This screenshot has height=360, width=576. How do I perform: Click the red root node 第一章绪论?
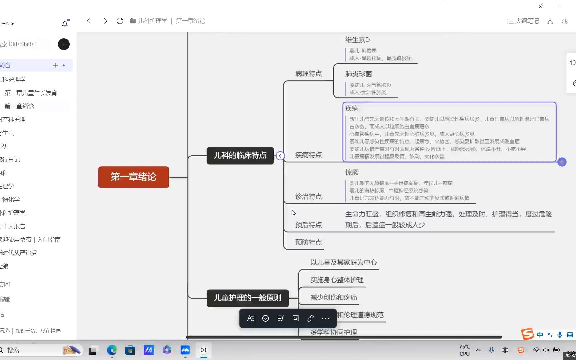pyautogui.click(x=133, y=177)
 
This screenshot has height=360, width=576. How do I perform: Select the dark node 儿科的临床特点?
pyautogui.click(x=240, y=155)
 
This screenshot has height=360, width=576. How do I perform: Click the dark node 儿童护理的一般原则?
pyautogui.click(x=247, y=298)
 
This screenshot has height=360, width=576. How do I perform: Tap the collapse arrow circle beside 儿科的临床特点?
pyautogui.click(x=280, y=156)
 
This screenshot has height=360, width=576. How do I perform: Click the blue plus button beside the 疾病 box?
pyautogui.click(x=562, y=162)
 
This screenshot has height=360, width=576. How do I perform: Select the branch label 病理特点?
pyautogui.click(x=308, y=74)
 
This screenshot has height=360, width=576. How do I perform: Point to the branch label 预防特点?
pyautogui.click(x=308, y=242)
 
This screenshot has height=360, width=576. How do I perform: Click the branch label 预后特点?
pyautogui.click(x=308, y=225)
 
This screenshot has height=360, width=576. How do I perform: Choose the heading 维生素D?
pyautogui.click(x=357, y=40)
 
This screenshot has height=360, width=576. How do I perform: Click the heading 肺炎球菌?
pyautogui.click(x=358, y=74)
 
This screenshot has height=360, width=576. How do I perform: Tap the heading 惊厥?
pyautogui.click(x=352, y=172)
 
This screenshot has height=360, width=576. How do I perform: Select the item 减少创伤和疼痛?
pyautogui.click(x=333, y=297)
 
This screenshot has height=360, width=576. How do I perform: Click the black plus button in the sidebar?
pyautogui.click(x=64, y=44)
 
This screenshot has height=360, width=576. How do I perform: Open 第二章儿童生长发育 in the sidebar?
pyautogui.click(x=31, y=93)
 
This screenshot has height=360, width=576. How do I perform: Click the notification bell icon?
pyautogui.click(x=65, y=24)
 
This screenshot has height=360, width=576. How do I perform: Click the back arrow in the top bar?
pyautogui.click(x=89, y=21)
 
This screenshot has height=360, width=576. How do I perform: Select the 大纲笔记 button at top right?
pyautogui.click(x=523, y=21)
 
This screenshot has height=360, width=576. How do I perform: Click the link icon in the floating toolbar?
pyautogui.click(x=310, y=318)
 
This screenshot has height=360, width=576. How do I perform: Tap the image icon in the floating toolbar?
pyautogui.click(x=295, y=318)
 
